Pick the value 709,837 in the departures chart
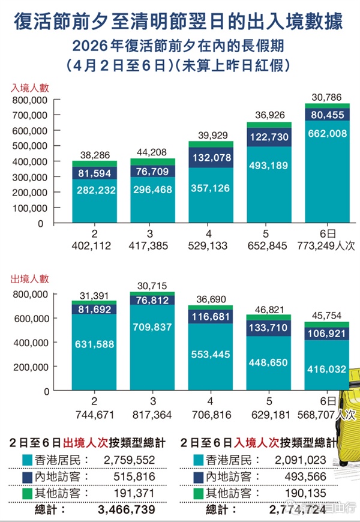(x=153, y=328)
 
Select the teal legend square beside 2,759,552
(x=26, y=460)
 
